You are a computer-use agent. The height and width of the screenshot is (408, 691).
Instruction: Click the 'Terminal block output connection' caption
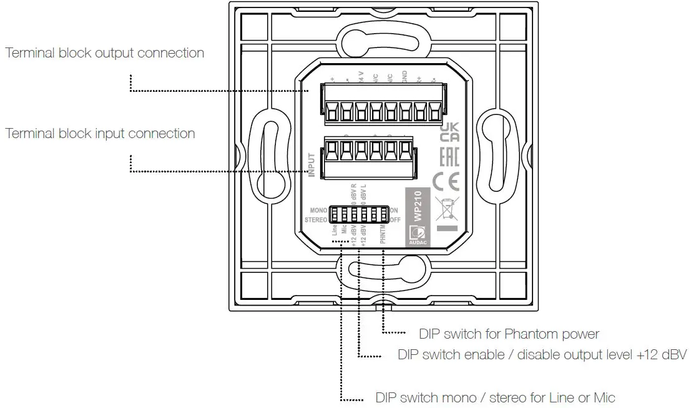click(105, 53)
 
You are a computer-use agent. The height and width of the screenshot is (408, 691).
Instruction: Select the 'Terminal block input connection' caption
click(100, 134)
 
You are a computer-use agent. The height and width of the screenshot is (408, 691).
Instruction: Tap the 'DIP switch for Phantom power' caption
click(509, 334)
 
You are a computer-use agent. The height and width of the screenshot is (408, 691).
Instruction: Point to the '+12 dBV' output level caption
click(542, 355)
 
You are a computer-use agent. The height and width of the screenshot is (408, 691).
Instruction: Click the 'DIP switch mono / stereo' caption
click(495, 397)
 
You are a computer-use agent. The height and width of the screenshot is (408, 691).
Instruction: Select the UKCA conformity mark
click(449, 132)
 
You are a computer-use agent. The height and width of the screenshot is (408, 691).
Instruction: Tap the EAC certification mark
click(449, 157)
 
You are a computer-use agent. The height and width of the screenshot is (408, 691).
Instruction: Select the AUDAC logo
click(416, 237)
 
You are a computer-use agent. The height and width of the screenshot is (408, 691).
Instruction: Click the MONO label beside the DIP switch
click(318, 211)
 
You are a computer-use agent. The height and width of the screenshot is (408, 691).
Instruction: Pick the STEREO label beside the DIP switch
click(316, 220)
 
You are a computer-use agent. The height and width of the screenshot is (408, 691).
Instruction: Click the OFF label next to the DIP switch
click(395, 220)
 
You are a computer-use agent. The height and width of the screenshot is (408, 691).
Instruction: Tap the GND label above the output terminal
click(404, 78)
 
